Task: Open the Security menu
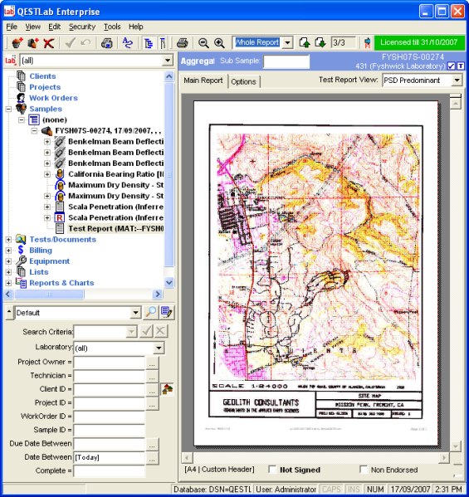82,27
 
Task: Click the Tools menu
112,27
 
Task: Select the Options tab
243,81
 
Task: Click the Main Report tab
203,80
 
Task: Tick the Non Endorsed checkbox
364,470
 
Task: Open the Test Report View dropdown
457,80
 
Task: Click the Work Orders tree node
53,98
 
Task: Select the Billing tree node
41,250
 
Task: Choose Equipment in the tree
49,261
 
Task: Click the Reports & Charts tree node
61,283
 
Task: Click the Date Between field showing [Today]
110,457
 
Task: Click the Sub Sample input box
286,61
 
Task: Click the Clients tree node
42,76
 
